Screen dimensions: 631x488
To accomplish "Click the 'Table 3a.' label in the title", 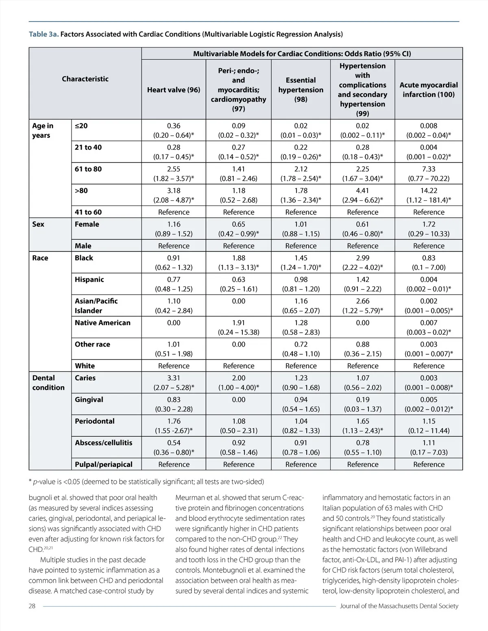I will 44,34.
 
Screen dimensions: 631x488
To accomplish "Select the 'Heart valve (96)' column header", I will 174,90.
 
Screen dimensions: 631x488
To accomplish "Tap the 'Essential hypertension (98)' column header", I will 301,90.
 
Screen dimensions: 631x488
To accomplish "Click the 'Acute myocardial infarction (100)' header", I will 428,90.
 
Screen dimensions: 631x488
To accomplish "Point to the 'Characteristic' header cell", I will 85,79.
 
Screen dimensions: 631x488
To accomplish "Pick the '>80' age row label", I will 81,191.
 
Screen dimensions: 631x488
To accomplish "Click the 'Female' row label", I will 87,224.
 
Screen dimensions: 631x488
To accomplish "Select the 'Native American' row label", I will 102,323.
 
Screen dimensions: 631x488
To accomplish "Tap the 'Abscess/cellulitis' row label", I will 103,442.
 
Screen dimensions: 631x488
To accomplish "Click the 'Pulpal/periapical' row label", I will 103,464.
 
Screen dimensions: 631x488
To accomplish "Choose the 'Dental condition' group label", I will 48,382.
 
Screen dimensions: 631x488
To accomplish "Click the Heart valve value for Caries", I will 174,382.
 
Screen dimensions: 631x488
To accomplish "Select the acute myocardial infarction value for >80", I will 428,195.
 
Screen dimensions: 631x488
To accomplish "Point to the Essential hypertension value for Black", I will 301,262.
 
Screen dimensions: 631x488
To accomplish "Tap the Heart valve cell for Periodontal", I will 174,426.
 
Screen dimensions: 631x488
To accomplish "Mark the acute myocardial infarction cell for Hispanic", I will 428,284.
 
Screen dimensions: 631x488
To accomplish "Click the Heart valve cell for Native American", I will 174,323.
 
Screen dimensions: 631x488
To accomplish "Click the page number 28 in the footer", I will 32,606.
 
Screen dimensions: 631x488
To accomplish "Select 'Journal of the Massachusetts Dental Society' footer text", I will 399,606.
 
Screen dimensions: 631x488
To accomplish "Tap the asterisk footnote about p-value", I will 146,481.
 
